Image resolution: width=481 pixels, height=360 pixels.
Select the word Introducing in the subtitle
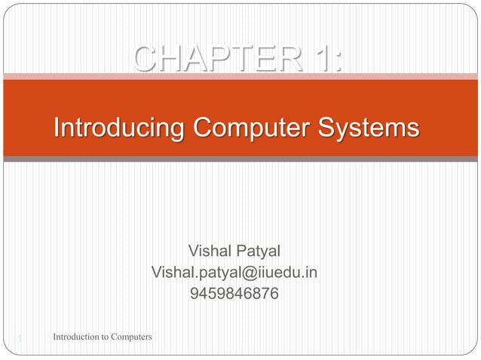(118, 127)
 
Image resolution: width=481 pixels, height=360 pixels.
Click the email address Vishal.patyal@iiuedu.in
(234, 272)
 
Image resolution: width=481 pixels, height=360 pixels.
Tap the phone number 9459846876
(234, 294)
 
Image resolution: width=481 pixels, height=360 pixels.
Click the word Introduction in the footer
(75, 335)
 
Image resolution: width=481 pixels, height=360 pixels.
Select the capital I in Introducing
(56, 127)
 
